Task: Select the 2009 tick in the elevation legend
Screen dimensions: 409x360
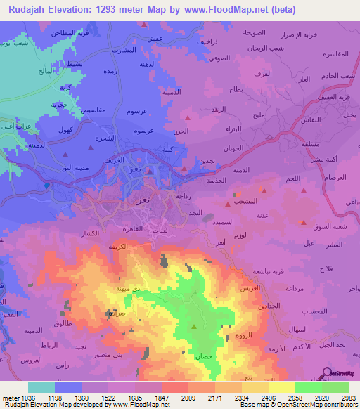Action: [x=188, y=397]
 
